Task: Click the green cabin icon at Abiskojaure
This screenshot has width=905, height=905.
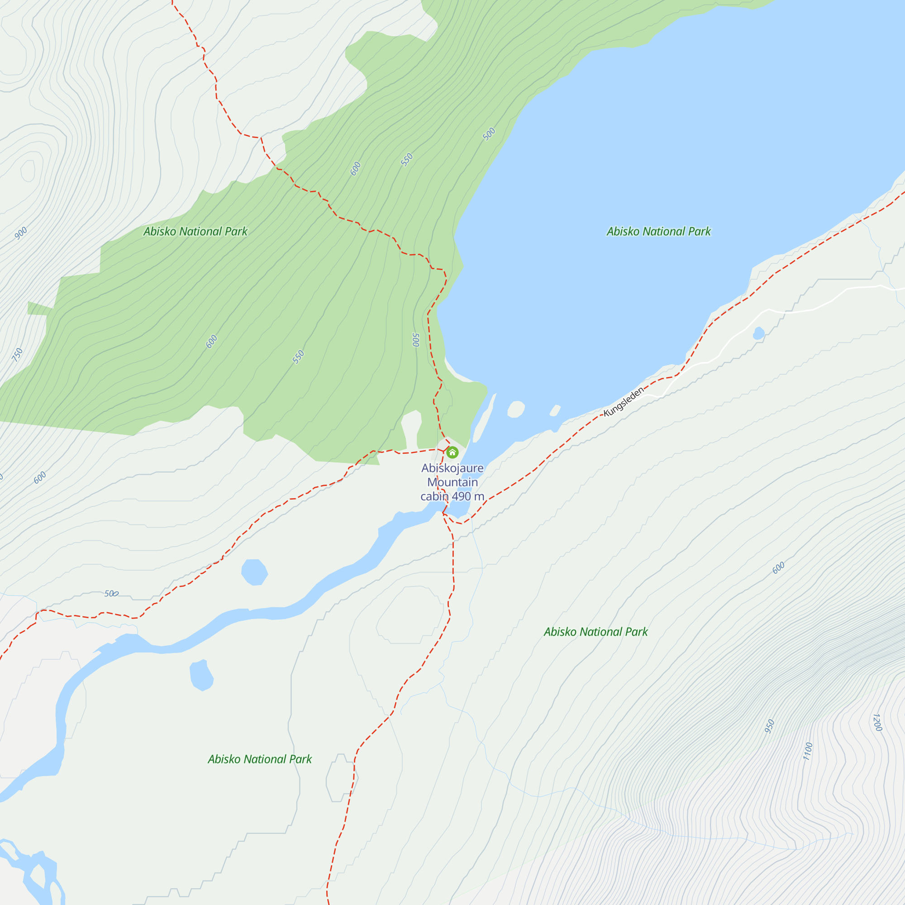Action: pyautogui.click(x=452, y=452)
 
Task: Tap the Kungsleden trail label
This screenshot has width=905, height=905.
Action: pyautogui.click(x=624, y=402)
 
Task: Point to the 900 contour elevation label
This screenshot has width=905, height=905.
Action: pyautogui.click(x=21, y=233)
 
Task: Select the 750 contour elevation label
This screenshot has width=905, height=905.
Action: pyautogui.click(x=17, y=355)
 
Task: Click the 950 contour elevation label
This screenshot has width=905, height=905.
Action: pyautogui.click(x=769, y=726)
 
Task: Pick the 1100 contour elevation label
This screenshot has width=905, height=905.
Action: pyautogui.click(x=808, y=751)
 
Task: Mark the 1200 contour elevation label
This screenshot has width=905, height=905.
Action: pyautogui.click(x=877, y=722)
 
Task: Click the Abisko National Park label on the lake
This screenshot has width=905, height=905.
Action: pyautogui.click(x=658, y=231)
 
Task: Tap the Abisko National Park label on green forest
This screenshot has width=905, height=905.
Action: pyautogui.click(x=195, y=231)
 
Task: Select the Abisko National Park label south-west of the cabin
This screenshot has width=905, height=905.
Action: pyautogui.click(x=259, y=759)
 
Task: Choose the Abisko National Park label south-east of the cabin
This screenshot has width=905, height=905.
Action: pyautogui.click(x=595, y=632)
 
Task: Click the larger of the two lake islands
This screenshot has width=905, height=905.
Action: pyautogui.click(x=516, y=409)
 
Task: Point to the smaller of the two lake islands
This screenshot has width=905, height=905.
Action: pyautogui.click(x=555, y=411)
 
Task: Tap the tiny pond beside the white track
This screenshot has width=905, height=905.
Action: pyautogui.click(x=758, y=333)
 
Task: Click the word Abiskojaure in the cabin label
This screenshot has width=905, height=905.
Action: pyautogui.click(x=452, y=468)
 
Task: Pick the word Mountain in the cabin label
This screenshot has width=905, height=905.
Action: pyautogui.click(x=452, y=482)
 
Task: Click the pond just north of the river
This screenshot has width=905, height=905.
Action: pyautogui.click(x=254, y=572)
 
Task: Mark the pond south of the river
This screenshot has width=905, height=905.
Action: pyautogui.click(x=201, y=675)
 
